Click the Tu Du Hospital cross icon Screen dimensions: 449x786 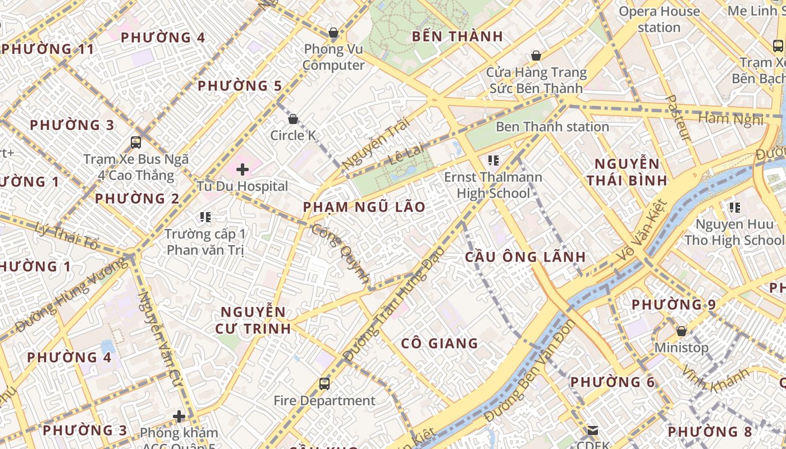coord(243,169)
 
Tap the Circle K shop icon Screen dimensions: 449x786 coord(293,119)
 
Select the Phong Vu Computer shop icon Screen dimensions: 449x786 coord(333,33)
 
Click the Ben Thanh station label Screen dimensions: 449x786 coord(552,127)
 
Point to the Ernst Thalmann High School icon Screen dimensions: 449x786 coord(493,161)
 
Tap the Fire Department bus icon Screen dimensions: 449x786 coord(325,384)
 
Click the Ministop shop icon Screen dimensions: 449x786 coord(682,331)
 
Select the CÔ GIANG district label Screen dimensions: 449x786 coord(440,343)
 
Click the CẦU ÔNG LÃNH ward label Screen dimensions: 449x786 coord(525,257)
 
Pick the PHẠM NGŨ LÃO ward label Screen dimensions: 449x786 coord(364,207)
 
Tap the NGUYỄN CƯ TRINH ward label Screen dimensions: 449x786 coord(253,320)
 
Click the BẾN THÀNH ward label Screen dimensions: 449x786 coord(457,36)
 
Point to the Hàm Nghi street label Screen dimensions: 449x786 coord(730,118)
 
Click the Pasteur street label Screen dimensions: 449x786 coord(678,118)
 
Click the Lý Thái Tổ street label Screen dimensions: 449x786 coord(67,236)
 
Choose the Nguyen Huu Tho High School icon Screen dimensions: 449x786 coord(734,208)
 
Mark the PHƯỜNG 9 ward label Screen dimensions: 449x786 coord(674,305)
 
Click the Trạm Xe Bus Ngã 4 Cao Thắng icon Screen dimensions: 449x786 coord(136,143)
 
